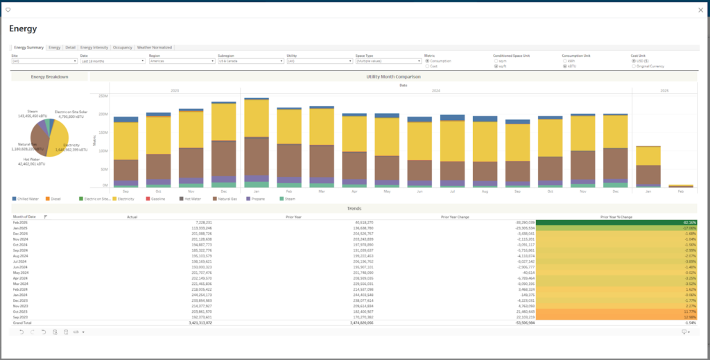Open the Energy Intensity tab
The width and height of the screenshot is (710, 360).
click(x=94, y=47)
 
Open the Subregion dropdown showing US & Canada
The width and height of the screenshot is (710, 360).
click(x=250, y=61)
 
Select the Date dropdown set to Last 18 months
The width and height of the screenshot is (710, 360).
click(x=112, y=61)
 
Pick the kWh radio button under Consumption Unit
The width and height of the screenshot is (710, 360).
click(x=564, y=60)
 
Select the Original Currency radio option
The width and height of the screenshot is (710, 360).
click(x=633, y=66)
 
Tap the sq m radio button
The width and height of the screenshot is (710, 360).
click(x=495, y=60)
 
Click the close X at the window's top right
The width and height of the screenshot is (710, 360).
click(x=699, y=10)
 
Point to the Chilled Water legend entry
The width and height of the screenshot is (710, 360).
click(x=26, y=198)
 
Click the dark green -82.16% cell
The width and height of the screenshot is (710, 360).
click(x=616, y=222)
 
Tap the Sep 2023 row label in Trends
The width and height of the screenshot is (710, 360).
click(x=21, y=317)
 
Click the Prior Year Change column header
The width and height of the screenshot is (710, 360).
click(x=455, y=216)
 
